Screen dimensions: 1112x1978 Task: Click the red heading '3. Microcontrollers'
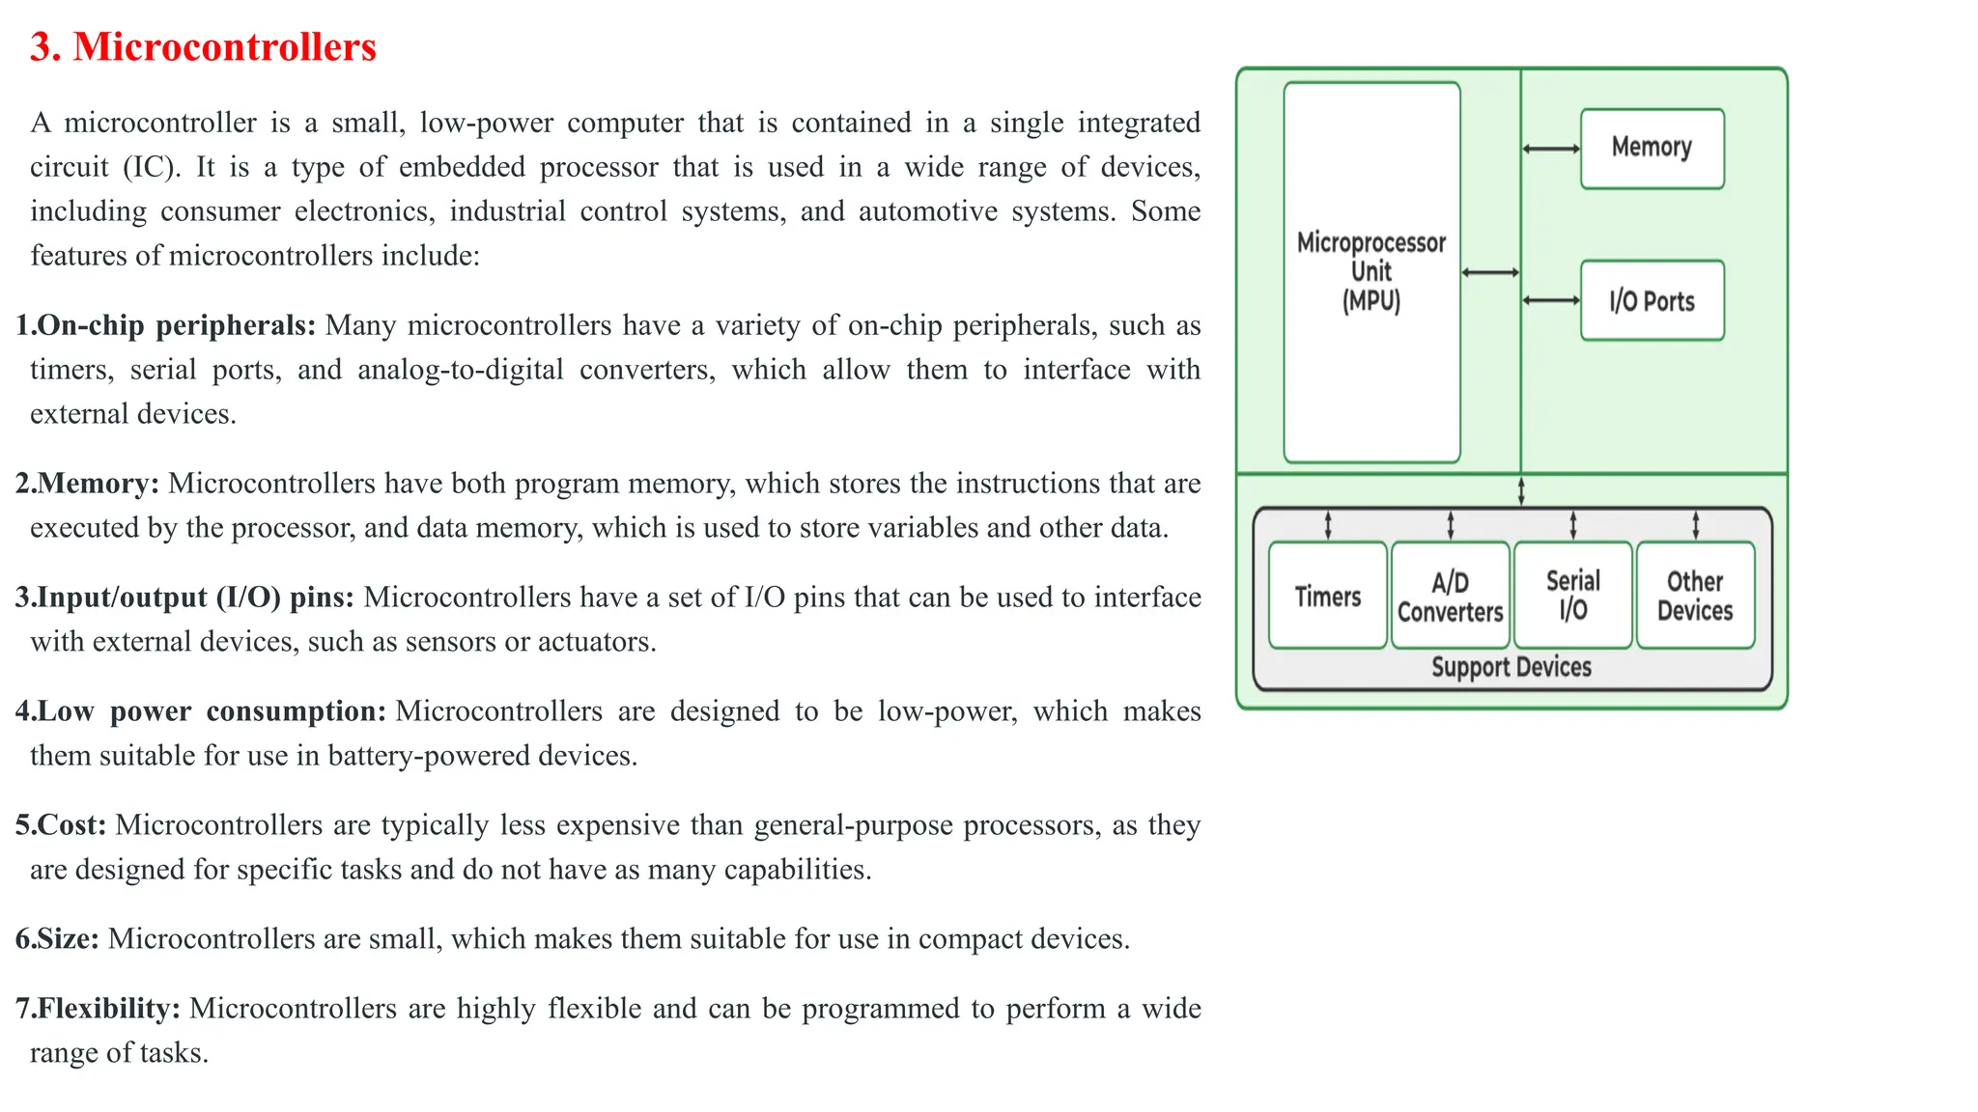203,47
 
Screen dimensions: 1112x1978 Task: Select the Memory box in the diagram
1652,148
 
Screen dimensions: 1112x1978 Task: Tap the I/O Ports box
1652,300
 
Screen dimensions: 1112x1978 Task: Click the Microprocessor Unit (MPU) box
1371,271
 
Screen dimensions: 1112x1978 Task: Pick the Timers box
1328,596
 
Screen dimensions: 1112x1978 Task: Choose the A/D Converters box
1450,596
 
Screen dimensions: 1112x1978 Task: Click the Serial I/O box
1572,595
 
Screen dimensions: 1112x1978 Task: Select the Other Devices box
1695,595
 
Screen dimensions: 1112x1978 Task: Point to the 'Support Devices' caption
1512,667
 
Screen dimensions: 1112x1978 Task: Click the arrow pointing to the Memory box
1551,149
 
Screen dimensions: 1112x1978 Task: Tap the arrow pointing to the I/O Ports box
1551,300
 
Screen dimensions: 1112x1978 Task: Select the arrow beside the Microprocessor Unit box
1490,273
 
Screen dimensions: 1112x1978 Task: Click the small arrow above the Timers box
1328,525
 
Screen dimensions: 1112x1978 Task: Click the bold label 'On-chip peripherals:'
176,325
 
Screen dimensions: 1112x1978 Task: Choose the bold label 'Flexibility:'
108,1009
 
